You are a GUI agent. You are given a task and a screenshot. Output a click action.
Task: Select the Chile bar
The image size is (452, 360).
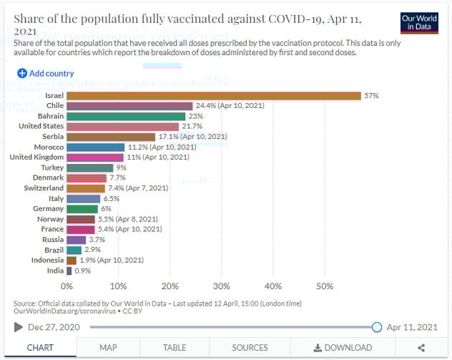[129, 105]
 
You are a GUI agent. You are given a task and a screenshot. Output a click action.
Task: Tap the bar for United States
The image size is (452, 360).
[122, 126]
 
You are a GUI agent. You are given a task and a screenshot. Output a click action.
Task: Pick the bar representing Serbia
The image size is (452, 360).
[110, 136]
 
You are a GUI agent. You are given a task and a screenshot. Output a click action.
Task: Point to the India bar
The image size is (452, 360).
[69, 271]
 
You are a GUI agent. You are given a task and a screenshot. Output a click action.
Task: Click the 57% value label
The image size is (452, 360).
[371, 95]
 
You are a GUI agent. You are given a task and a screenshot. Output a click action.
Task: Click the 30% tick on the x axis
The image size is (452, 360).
[221, 286]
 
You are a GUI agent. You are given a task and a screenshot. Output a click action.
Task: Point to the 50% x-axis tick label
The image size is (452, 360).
[324, 286]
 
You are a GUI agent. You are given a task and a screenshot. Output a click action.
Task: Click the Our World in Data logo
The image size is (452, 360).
[420, 22]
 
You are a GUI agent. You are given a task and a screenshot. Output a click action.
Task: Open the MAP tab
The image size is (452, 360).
[108, 348]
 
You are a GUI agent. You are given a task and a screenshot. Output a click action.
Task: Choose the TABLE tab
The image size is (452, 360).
[175, 348]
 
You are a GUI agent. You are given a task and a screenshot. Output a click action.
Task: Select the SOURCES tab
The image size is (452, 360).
[250, 348]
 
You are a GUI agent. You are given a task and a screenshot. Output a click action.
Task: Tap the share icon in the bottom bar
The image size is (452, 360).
[421, 348]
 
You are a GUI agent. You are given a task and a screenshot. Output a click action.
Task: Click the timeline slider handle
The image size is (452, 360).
[377, 327]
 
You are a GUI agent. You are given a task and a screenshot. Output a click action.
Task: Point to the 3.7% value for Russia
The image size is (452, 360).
[97, 240]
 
